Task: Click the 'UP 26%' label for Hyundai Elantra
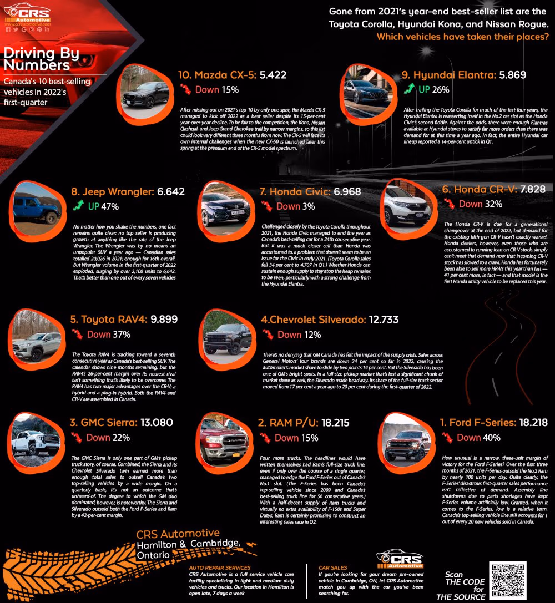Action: click(433, 89)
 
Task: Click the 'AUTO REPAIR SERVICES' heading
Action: click(219, 568)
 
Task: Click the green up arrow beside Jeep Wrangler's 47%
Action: click(79, 206)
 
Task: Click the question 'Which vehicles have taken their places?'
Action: click(463, 37)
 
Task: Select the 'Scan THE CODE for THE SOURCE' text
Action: click(461, 586)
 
